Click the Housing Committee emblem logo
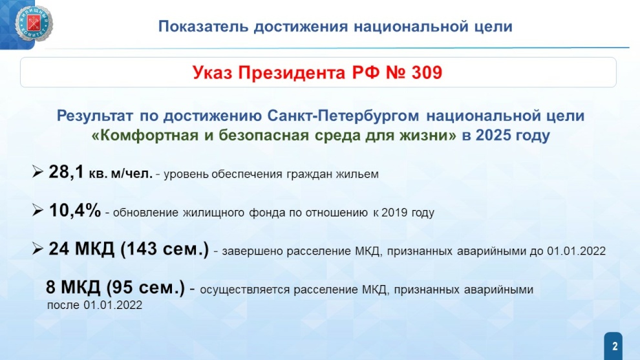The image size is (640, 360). [x=34, y=24]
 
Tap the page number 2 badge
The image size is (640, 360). [x=614, y=346]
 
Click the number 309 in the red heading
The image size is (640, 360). [x=427, y=72]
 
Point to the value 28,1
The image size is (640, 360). [x=66, y=173]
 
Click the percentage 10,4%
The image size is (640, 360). [x=75, y=211]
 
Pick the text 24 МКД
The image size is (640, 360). [x=81, y=249]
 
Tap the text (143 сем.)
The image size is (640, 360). [x=164, y=249]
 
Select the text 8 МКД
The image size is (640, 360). [x=73, y=288]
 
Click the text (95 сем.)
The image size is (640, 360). [x=145, y=288]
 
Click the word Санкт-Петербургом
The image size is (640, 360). [x=343, y=116]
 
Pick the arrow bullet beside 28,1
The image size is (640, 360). [x=37, y=172]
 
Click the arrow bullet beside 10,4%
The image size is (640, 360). [x=37, y=210]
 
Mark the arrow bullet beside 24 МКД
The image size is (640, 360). [x=37, y=249]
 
